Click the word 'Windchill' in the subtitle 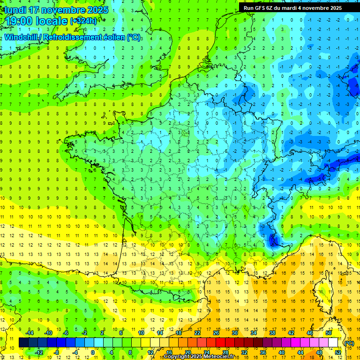click(x=22, y=37)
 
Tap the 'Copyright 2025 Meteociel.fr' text click(x=199, y=357)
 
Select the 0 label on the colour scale click(x=92, y=352)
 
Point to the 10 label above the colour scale click(x=141, y=333)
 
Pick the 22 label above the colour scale click(x=197, y=333)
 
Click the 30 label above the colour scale click(x=235, y=333)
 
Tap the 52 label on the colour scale click(x=338, y=352)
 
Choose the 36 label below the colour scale click(x=263, y=352)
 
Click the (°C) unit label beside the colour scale click(x=349, y=343)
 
